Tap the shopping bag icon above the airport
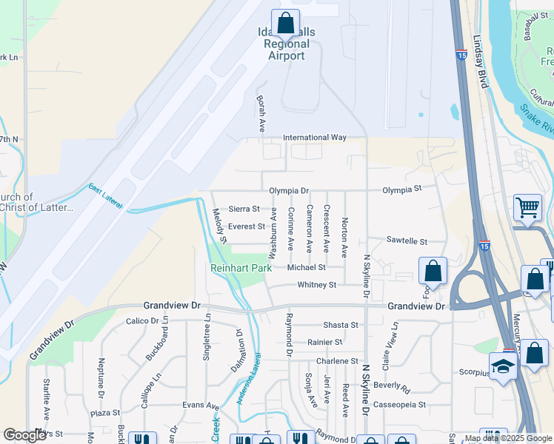285,24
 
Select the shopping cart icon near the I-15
527,209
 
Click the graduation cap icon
503,366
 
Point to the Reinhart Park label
241,267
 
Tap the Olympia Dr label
289,190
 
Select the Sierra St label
244,209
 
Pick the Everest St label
246,226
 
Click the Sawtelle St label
407,241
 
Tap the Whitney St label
316,285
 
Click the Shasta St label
341,325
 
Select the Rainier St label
325,343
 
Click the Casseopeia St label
399,405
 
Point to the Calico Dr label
143,321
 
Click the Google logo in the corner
24,435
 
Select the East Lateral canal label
105,196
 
